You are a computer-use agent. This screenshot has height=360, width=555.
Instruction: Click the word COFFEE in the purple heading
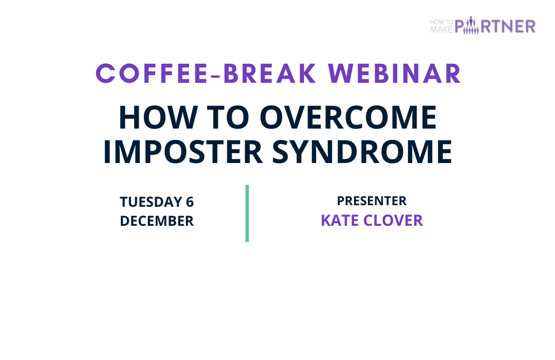pos(152,74)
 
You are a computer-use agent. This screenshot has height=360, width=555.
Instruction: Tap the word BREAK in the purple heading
pos(270,74)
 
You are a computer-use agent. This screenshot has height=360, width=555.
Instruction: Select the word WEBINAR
pos(395,74)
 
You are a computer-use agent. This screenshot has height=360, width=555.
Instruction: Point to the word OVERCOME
pos(348,117)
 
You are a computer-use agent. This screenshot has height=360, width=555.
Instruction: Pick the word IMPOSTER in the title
pos(182,152)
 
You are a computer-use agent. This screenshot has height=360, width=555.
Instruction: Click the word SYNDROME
pos(362,152)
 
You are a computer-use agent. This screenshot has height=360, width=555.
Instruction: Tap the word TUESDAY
pos(151,202)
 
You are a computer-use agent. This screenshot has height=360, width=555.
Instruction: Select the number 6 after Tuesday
pos(190,202)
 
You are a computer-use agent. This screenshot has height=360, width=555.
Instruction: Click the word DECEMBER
pos(157,221)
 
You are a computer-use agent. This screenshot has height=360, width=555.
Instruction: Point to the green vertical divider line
pos(247,213)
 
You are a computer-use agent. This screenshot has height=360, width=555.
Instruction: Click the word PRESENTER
pos(372,201)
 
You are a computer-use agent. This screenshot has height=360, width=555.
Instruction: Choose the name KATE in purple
pos(340,221)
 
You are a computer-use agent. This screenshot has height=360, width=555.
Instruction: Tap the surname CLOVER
pos(393,221)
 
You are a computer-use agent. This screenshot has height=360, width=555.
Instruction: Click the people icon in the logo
pos(471,26)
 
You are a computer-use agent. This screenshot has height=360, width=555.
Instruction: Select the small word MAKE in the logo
pos(441,30)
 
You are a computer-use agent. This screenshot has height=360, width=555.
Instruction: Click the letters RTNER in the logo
pos(508,27)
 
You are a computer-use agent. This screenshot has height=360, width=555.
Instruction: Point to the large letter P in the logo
pos(459,27)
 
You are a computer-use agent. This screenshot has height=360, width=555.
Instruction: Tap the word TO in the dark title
pos(228,117)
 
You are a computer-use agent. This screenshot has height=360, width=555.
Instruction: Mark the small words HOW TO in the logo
pos(441,22)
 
